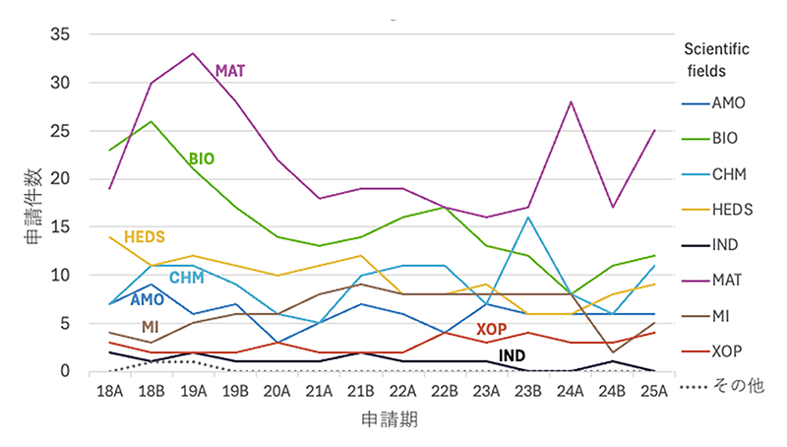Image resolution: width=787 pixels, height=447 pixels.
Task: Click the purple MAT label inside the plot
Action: (230, 70)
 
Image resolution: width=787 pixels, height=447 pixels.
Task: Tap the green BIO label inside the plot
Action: (202, 159)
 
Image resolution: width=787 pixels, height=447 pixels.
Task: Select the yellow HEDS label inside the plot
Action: (144, 237)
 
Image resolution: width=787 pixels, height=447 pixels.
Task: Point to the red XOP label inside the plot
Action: (492, 329)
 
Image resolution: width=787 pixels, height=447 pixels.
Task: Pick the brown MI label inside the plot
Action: (151, 327)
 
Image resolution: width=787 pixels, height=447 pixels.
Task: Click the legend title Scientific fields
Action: (716, 59)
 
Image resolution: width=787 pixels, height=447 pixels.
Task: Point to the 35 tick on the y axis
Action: (61, 34)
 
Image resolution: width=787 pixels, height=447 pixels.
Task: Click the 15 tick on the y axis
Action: (61, 226)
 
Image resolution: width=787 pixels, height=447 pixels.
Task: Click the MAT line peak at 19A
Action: (193, 53)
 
